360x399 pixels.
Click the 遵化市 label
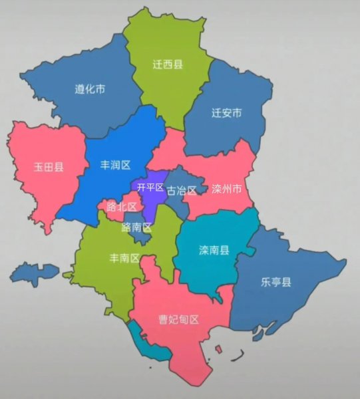(x=89, y=88)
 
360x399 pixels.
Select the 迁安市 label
(x=226, y=113)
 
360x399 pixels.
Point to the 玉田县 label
(x=49, y=167)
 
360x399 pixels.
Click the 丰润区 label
(x=114, y=164)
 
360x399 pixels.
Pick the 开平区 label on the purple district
(x=150, y=188)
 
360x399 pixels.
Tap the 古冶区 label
(x=182, y=191)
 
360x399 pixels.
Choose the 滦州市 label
(x=226, y=189)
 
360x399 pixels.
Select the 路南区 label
(x=136, y=227)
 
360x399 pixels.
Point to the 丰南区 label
(x=124, y=258)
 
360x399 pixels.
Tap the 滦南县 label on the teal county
(x=214, y=251)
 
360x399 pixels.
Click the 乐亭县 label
(x=275, y=282)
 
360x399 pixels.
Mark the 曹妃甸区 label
(x=178, y=319)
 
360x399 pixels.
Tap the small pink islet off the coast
(x=218, y=348)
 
